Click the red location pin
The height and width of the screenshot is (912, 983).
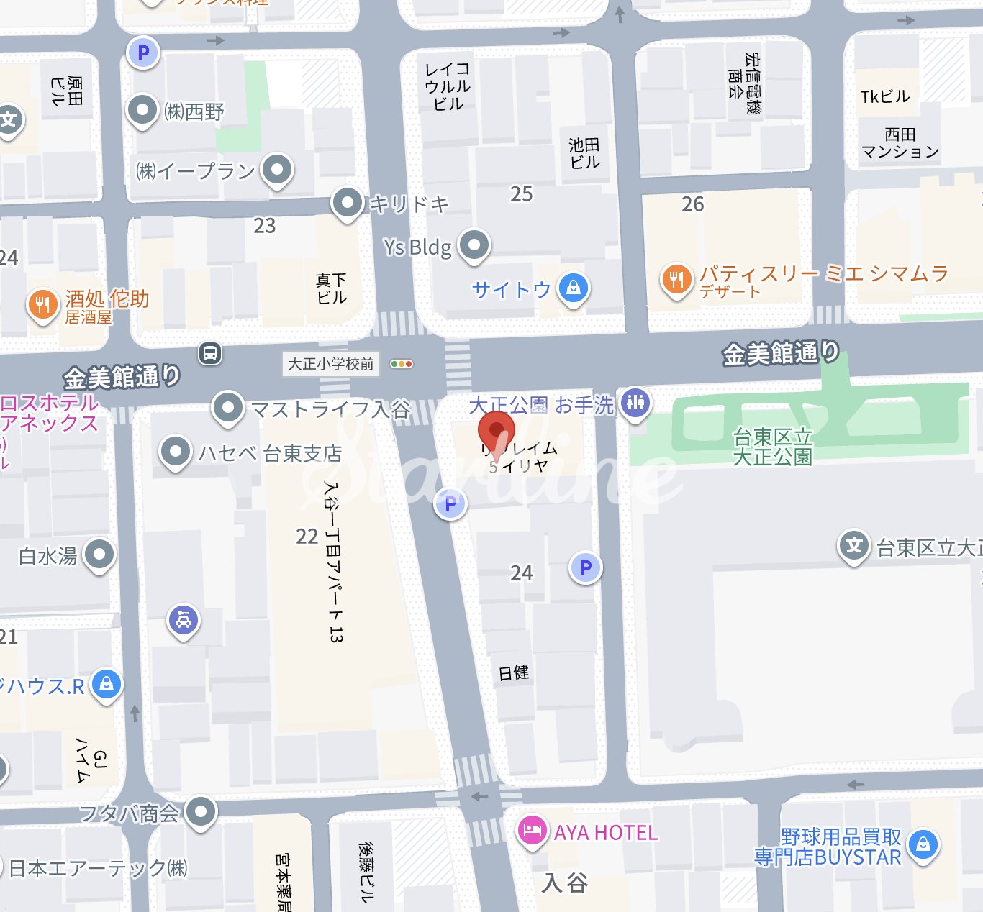coord(496,432)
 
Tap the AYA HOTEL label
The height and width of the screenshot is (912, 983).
coord(605,833)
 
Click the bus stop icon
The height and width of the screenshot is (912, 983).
coord(210,353)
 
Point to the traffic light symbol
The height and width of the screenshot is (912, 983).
coord(401,364)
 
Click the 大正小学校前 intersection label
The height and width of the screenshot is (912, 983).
coord(331,364)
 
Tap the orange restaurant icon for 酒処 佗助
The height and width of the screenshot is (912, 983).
coord(42,304)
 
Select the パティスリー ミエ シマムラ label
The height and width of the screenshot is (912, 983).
coord(824,273)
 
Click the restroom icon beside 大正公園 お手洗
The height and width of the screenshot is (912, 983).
coord(635,402)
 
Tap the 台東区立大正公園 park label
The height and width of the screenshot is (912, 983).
coord(772,447)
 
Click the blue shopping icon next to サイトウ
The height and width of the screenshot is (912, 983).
coord(573,288)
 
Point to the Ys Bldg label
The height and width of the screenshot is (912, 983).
coord(417,247)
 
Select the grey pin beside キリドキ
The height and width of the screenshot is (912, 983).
coord(348,203)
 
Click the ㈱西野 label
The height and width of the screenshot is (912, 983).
coord(194,111)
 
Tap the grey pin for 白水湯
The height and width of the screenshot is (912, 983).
coord(99,555)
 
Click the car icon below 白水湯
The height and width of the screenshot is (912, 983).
coord(184,619)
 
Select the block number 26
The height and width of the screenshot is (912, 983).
coord(692,204)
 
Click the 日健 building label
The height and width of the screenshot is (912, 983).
coord(514,673)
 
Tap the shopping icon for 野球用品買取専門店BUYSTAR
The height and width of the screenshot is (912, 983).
coord(923,844)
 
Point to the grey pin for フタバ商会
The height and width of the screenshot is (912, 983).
coord(201,811)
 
